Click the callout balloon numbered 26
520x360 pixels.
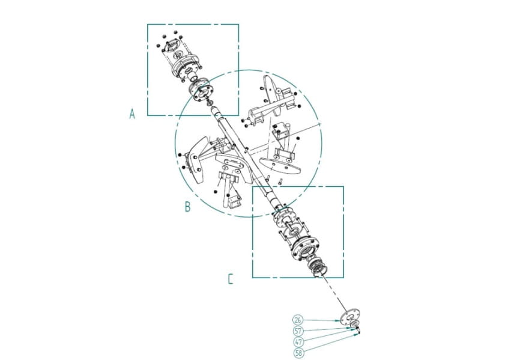pos(298,320)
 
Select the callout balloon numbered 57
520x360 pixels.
pos(298,331)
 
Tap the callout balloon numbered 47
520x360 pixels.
pos(299,342)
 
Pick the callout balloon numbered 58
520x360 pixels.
pos(299,353)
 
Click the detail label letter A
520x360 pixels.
pos(132,114)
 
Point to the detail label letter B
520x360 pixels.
pos(188,206)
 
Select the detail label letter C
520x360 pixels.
pos(231,279)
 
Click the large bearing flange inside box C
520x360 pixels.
pos(305,248)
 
